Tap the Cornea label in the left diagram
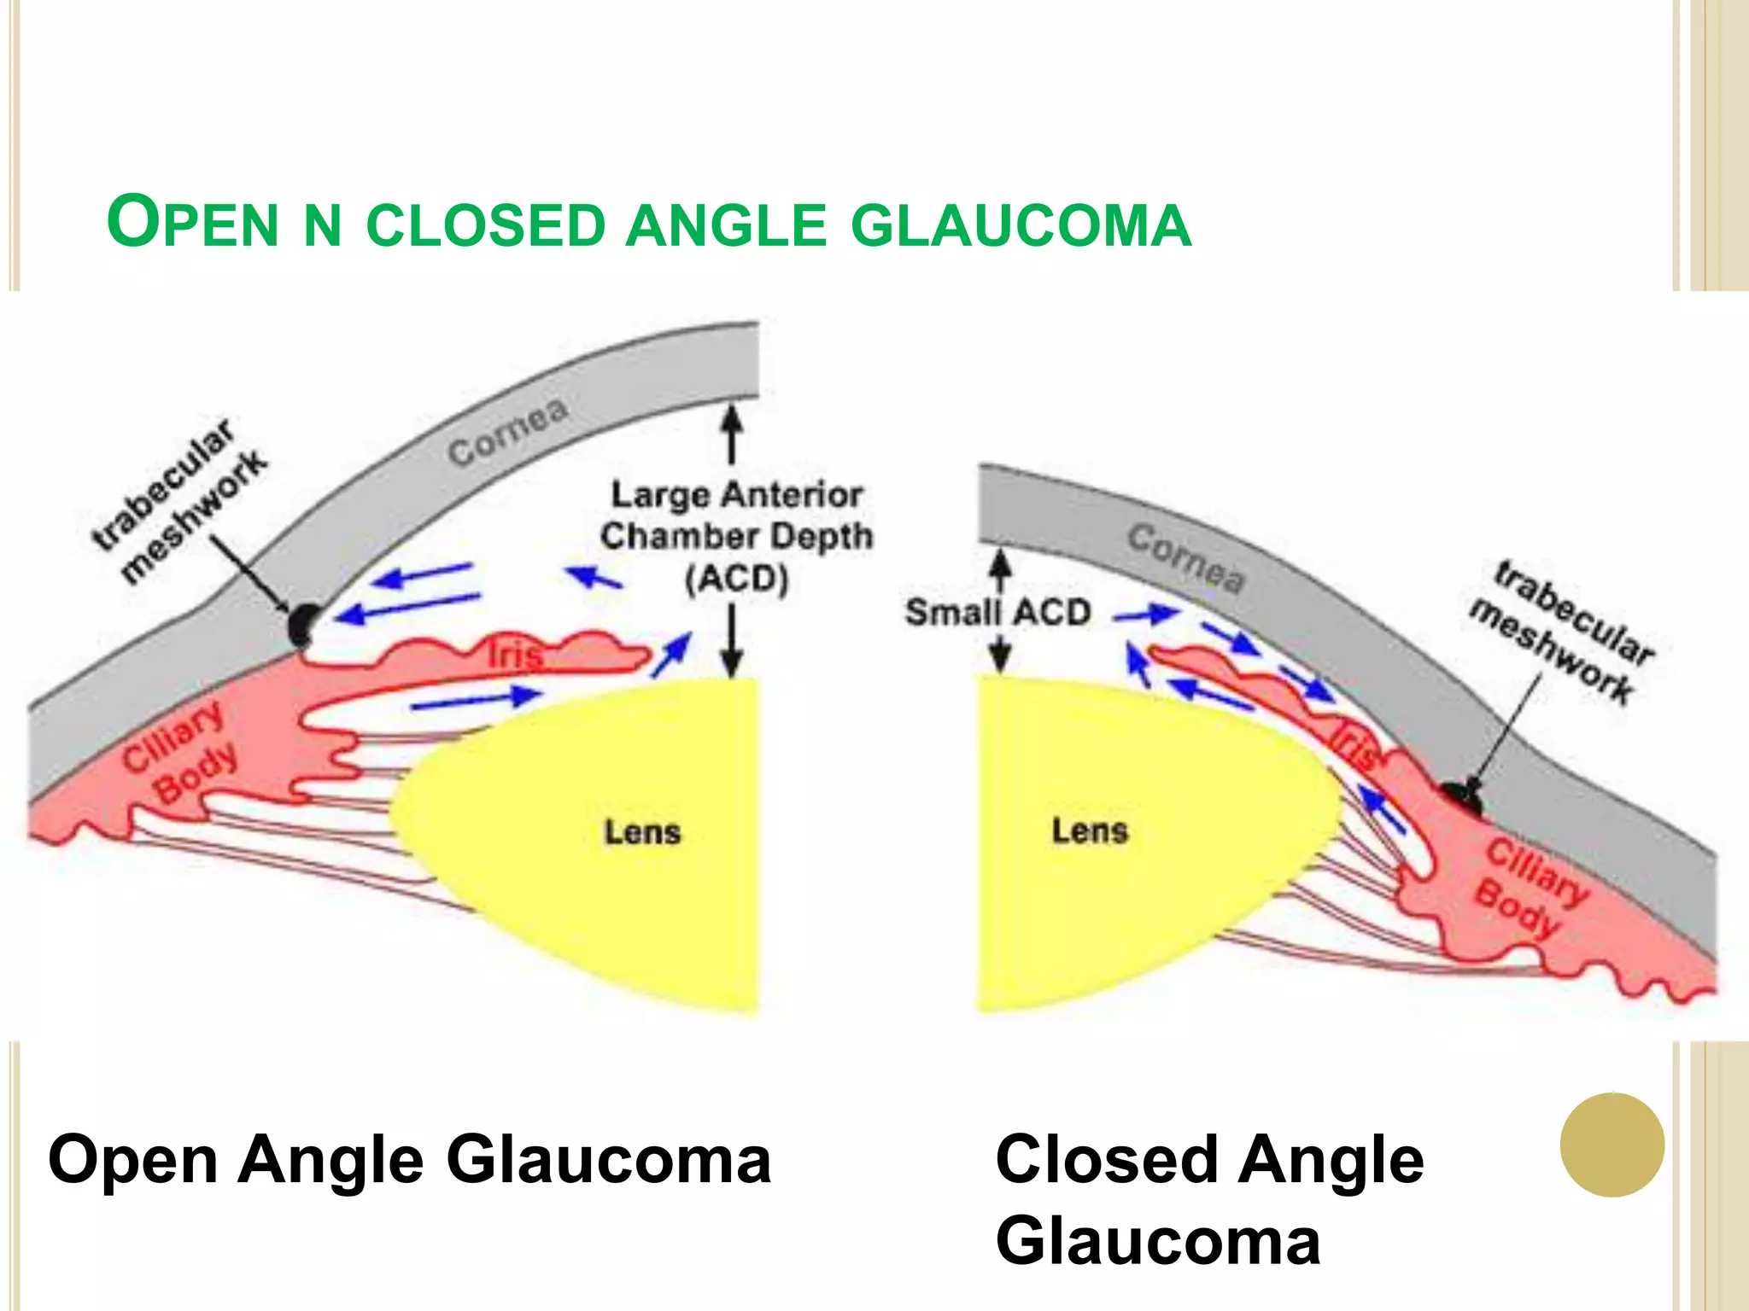(x=507, y=433)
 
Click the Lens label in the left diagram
(x=642, y=831)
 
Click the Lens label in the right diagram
(x=1090, y=830)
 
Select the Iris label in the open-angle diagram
(x=514, y=655)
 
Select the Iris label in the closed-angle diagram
(x=1354, y=744)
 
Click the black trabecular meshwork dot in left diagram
(x=302, y=625)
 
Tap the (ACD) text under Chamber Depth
(x=736, y=580)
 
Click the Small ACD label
(x=997, y=612)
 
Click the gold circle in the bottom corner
(x=1612, y=1145)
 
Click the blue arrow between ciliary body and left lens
(x=475, y=700)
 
